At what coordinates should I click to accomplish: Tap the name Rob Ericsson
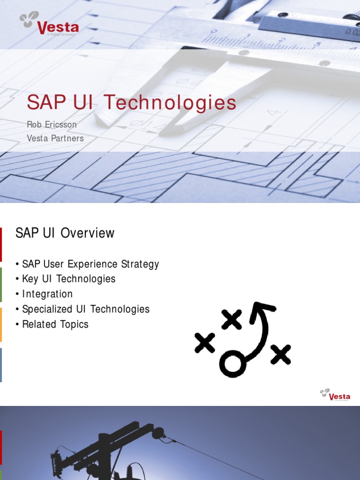click(52, 125)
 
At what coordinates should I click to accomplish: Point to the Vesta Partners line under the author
click(55, 138)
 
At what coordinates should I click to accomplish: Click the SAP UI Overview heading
click(65, 233)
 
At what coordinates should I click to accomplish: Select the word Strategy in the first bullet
click(140, 264)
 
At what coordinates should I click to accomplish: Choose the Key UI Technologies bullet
click(68, 279)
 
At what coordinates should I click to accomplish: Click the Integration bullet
click(47, 294)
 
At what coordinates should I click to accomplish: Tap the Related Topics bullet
click(55, 324)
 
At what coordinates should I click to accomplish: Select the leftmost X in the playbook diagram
click(205, 343)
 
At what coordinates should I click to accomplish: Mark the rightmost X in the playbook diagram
click(281, 354)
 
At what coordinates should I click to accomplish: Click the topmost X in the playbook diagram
click(232, 319)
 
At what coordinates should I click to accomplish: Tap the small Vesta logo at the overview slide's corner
click(335, 395)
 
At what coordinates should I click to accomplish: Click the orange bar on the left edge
click(1, 324)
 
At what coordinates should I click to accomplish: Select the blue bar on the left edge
click(1, 365)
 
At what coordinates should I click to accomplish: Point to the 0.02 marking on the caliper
click(352, 32)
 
